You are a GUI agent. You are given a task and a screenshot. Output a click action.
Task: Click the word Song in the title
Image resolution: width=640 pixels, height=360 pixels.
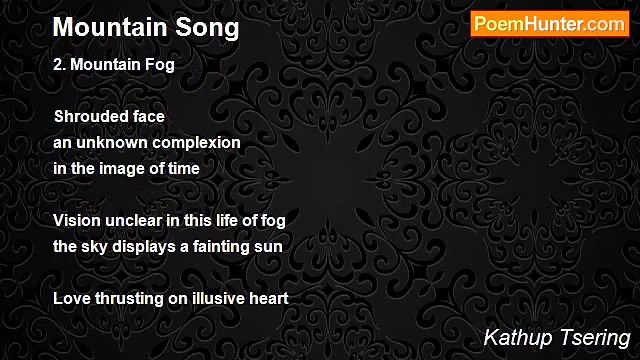tap(206, 27)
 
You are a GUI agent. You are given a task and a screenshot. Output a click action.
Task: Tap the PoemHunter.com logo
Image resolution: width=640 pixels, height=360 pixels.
tap(550, 24)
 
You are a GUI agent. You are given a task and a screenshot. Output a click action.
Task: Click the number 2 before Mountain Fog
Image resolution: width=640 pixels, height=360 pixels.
tap(59, 65)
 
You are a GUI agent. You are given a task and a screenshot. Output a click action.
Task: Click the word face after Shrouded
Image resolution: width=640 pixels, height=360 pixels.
tap(148, 117)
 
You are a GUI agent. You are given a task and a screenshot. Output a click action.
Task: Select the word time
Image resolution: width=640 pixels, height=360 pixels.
tap(183, 169)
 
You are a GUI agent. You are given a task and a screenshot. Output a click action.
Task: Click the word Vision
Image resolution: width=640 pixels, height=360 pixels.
tap(76, 220)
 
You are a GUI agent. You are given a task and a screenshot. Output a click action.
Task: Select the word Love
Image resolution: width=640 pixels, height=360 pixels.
tap(70, 298)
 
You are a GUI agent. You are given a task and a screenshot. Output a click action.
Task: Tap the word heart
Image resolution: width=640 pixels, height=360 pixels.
tap(268, 298)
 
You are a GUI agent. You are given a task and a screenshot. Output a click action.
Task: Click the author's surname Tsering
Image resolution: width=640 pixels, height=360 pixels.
tap(590, 336)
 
